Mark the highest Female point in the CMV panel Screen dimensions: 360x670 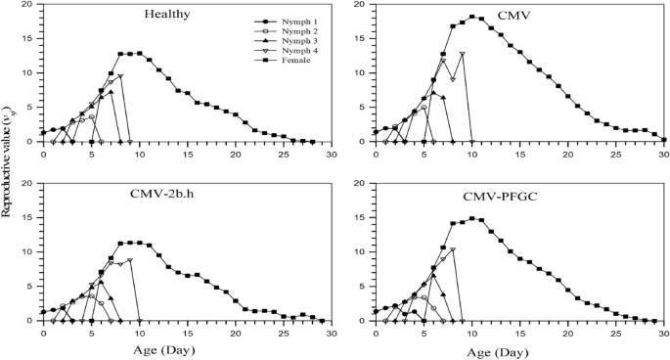(x=471, y=17)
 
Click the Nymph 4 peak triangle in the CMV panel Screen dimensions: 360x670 (x=462, y=54)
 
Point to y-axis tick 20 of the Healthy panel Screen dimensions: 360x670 (x=30, y=5)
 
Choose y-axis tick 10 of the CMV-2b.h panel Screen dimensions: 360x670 (x=30, y=251)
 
